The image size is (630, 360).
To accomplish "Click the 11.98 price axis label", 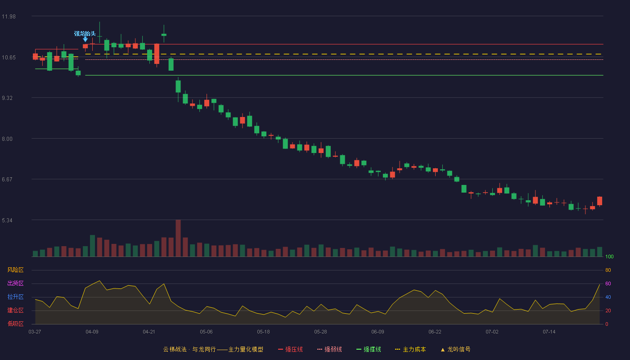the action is pyautogui.click(x=9, y=17).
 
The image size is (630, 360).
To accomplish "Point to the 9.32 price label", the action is pyautogui.click(x=7, y=98).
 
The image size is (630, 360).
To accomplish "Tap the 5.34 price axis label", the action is pyautogui.click(x=7, y=220).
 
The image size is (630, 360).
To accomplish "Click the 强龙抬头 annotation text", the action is pyautogui.click(x=85, y=34).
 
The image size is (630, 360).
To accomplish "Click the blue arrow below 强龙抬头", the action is pyautogui.click(x=85, y=40).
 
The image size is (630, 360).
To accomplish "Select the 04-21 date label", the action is pyautogui.click(x=149, y=332).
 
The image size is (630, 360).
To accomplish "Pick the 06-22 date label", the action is pyautogui.click(x=435, y=332).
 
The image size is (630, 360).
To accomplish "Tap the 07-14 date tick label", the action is pyautogui.click(x=549, y=332).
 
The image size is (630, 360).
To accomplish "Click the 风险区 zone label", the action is pyautogui.click(x=15, y=270).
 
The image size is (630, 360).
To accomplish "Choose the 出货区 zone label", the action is pyautogui.click(x=15, y=283).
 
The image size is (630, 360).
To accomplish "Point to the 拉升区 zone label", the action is pyautogui.click(x=15, y=297).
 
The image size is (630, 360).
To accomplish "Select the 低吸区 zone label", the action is pyautogui.click(x=15, y=324).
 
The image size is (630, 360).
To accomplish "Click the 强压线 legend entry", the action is pyautogui.click(x=290, y=349).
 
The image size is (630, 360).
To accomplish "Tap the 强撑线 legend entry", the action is pyautogui.click(x=369, y=349).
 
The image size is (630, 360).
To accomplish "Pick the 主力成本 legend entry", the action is pyautogui.click(x=410, y=349).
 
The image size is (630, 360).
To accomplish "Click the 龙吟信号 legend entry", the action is pyautogui.click(x=455, y=349).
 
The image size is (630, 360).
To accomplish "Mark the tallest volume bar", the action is pyautogui.click(x=178, y=238).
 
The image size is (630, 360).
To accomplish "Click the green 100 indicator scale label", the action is pyautogui.click(x=609, y=256).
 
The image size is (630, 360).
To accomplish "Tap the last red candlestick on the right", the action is pyautogui.click(x=599, y=201).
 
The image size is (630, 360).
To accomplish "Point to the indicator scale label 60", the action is pyautogui.click(x=608, y=283).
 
